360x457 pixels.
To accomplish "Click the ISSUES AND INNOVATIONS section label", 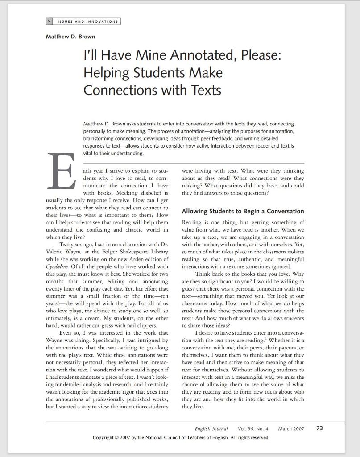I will [87, 21].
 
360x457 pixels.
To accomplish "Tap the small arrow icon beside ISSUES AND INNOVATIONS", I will [49, 21].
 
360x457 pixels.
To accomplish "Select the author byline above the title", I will [70, 37].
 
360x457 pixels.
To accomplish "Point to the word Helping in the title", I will [106, 72].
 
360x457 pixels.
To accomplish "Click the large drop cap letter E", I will [62, 172].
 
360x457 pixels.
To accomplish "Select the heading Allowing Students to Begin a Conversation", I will [243, 211].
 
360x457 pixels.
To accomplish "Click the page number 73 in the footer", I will [319, 428].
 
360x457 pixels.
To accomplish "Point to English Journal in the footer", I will [211, 429].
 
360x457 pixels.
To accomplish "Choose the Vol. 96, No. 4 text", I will [253, 429].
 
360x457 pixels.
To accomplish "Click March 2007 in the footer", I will [291, 429].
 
